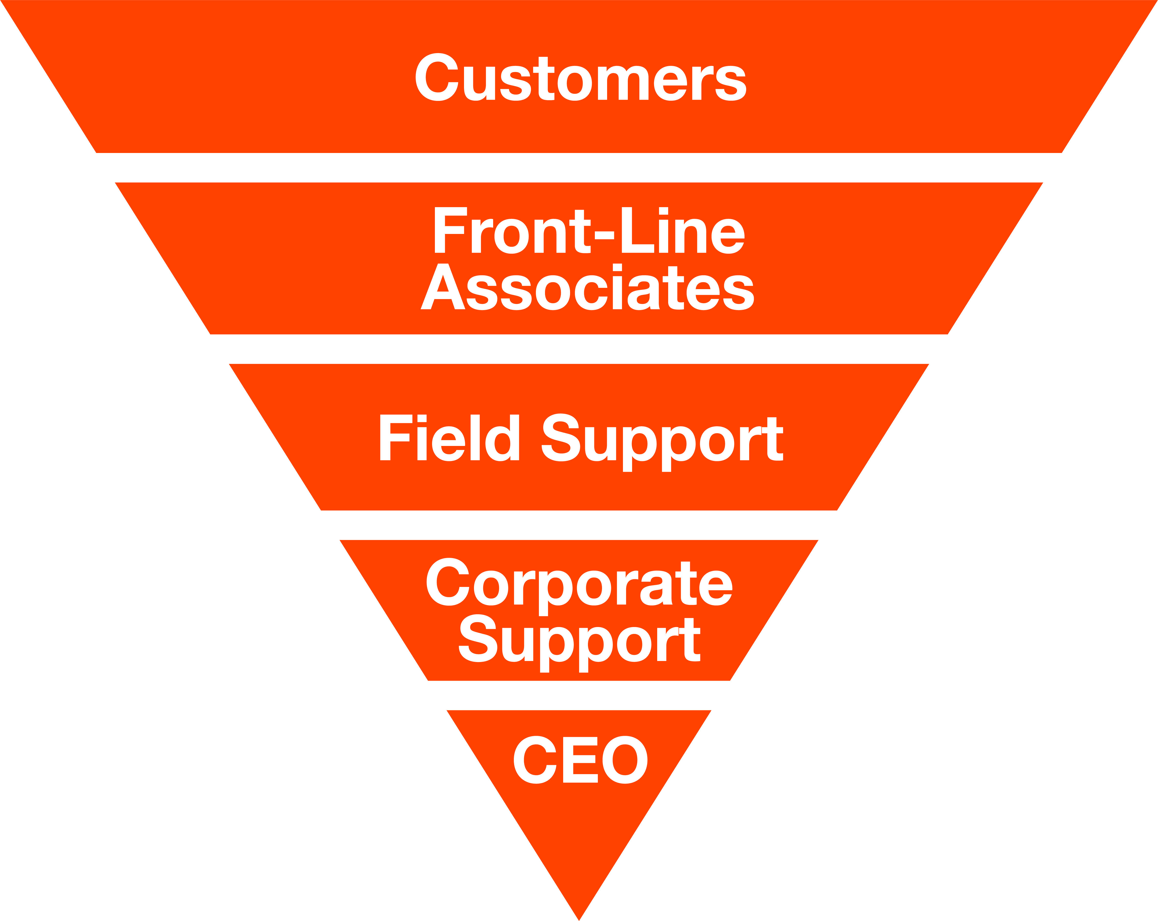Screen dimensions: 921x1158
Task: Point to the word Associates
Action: [x=587, y=287]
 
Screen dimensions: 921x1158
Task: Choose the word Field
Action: [x=449, y=438]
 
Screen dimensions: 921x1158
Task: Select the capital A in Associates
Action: [x=443, y=287]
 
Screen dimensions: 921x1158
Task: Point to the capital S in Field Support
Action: [x=561, y=438]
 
